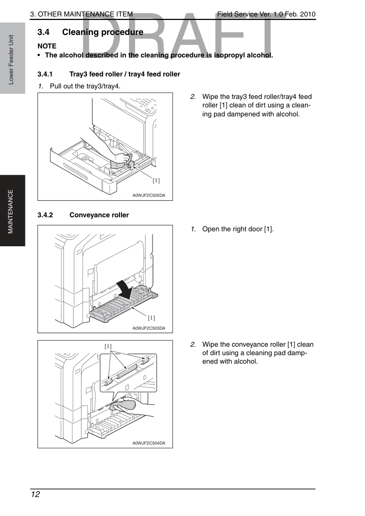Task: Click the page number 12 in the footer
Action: coord(35,495)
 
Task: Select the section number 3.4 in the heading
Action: coord(43,32)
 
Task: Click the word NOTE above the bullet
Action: coord(47,46)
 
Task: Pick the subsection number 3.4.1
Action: coord(45,74)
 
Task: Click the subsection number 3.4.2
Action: coord(45,215)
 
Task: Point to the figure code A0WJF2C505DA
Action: coord(149,195)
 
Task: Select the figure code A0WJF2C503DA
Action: coord(149,328)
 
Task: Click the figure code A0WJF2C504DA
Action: coord(149,443)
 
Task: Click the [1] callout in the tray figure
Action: coord(156,180)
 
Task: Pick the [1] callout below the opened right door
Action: coord(151,318)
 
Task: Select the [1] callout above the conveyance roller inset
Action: coord(108,346)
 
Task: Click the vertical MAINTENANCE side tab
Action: coord(11,211)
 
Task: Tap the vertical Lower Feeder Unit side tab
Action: coord(11,59)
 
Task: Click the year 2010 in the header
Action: coord(307,14)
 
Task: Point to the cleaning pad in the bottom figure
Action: coord(122,405)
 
